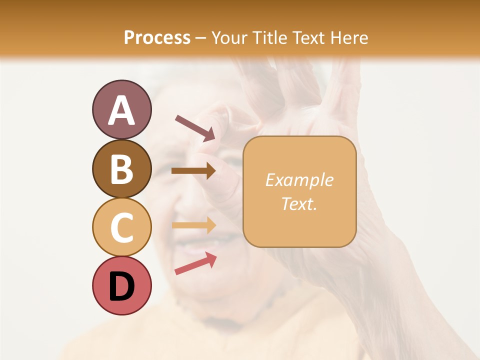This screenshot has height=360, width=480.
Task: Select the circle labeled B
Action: click(x=121, y=168)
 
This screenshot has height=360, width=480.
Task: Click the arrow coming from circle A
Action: click(x=195, y=127)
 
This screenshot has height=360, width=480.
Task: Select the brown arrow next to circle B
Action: click(x=193, y=171)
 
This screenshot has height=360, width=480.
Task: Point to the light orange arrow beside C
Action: click(x=193, y=225)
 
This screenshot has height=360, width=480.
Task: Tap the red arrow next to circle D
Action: click(x=195, y=263)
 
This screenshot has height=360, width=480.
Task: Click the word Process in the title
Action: click(x=157, y=38)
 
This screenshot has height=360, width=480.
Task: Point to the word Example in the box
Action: click(x=299, y=180)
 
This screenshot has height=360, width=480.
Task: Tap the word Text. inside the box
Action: click(x=299, y=203)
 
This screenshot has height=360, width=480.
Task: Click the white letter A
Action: click(x=121, y=110)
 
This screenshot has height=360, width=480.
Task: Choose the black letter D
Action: click(x=121, y=287)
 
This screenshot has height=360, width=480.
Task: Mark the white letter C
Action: click(x=121, y=227)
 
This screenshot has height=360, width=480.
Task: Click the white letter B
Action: click(x=121, y=169)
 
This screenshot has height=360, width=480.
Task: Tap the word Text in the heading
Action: click(x=309, y=38)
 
